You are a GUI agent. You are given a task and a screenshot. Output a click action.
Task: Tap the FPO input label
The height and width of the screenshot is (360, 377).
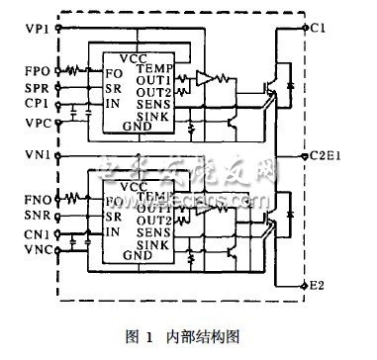pos(28,71)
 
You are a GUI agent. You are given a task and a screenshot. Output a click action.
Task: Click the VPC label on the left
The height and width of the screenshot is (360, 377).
pos(28,128)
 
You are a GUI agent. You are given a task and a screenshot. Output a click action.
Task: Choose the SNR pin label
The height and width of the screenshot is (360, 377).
pos(28,216)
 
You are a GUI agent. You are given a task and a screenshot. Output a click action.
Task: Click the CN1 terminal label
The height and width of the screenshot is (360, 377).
pos(28,234)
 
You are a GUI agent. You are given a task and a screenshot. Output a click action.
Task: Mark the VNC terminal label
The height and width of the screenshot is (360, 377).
pos(28,253)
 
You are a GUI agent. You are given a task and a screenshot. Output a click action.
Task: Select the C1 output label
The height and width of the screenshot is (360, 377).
pos(318,28)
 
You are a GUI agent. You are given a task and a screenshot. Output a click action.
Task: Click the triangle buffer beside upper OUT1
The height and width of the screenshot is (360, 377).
pos(204,77)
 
